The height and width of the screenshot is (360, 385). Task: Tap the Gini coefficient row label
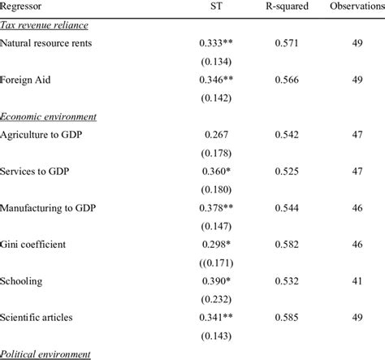coord(36,244)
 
